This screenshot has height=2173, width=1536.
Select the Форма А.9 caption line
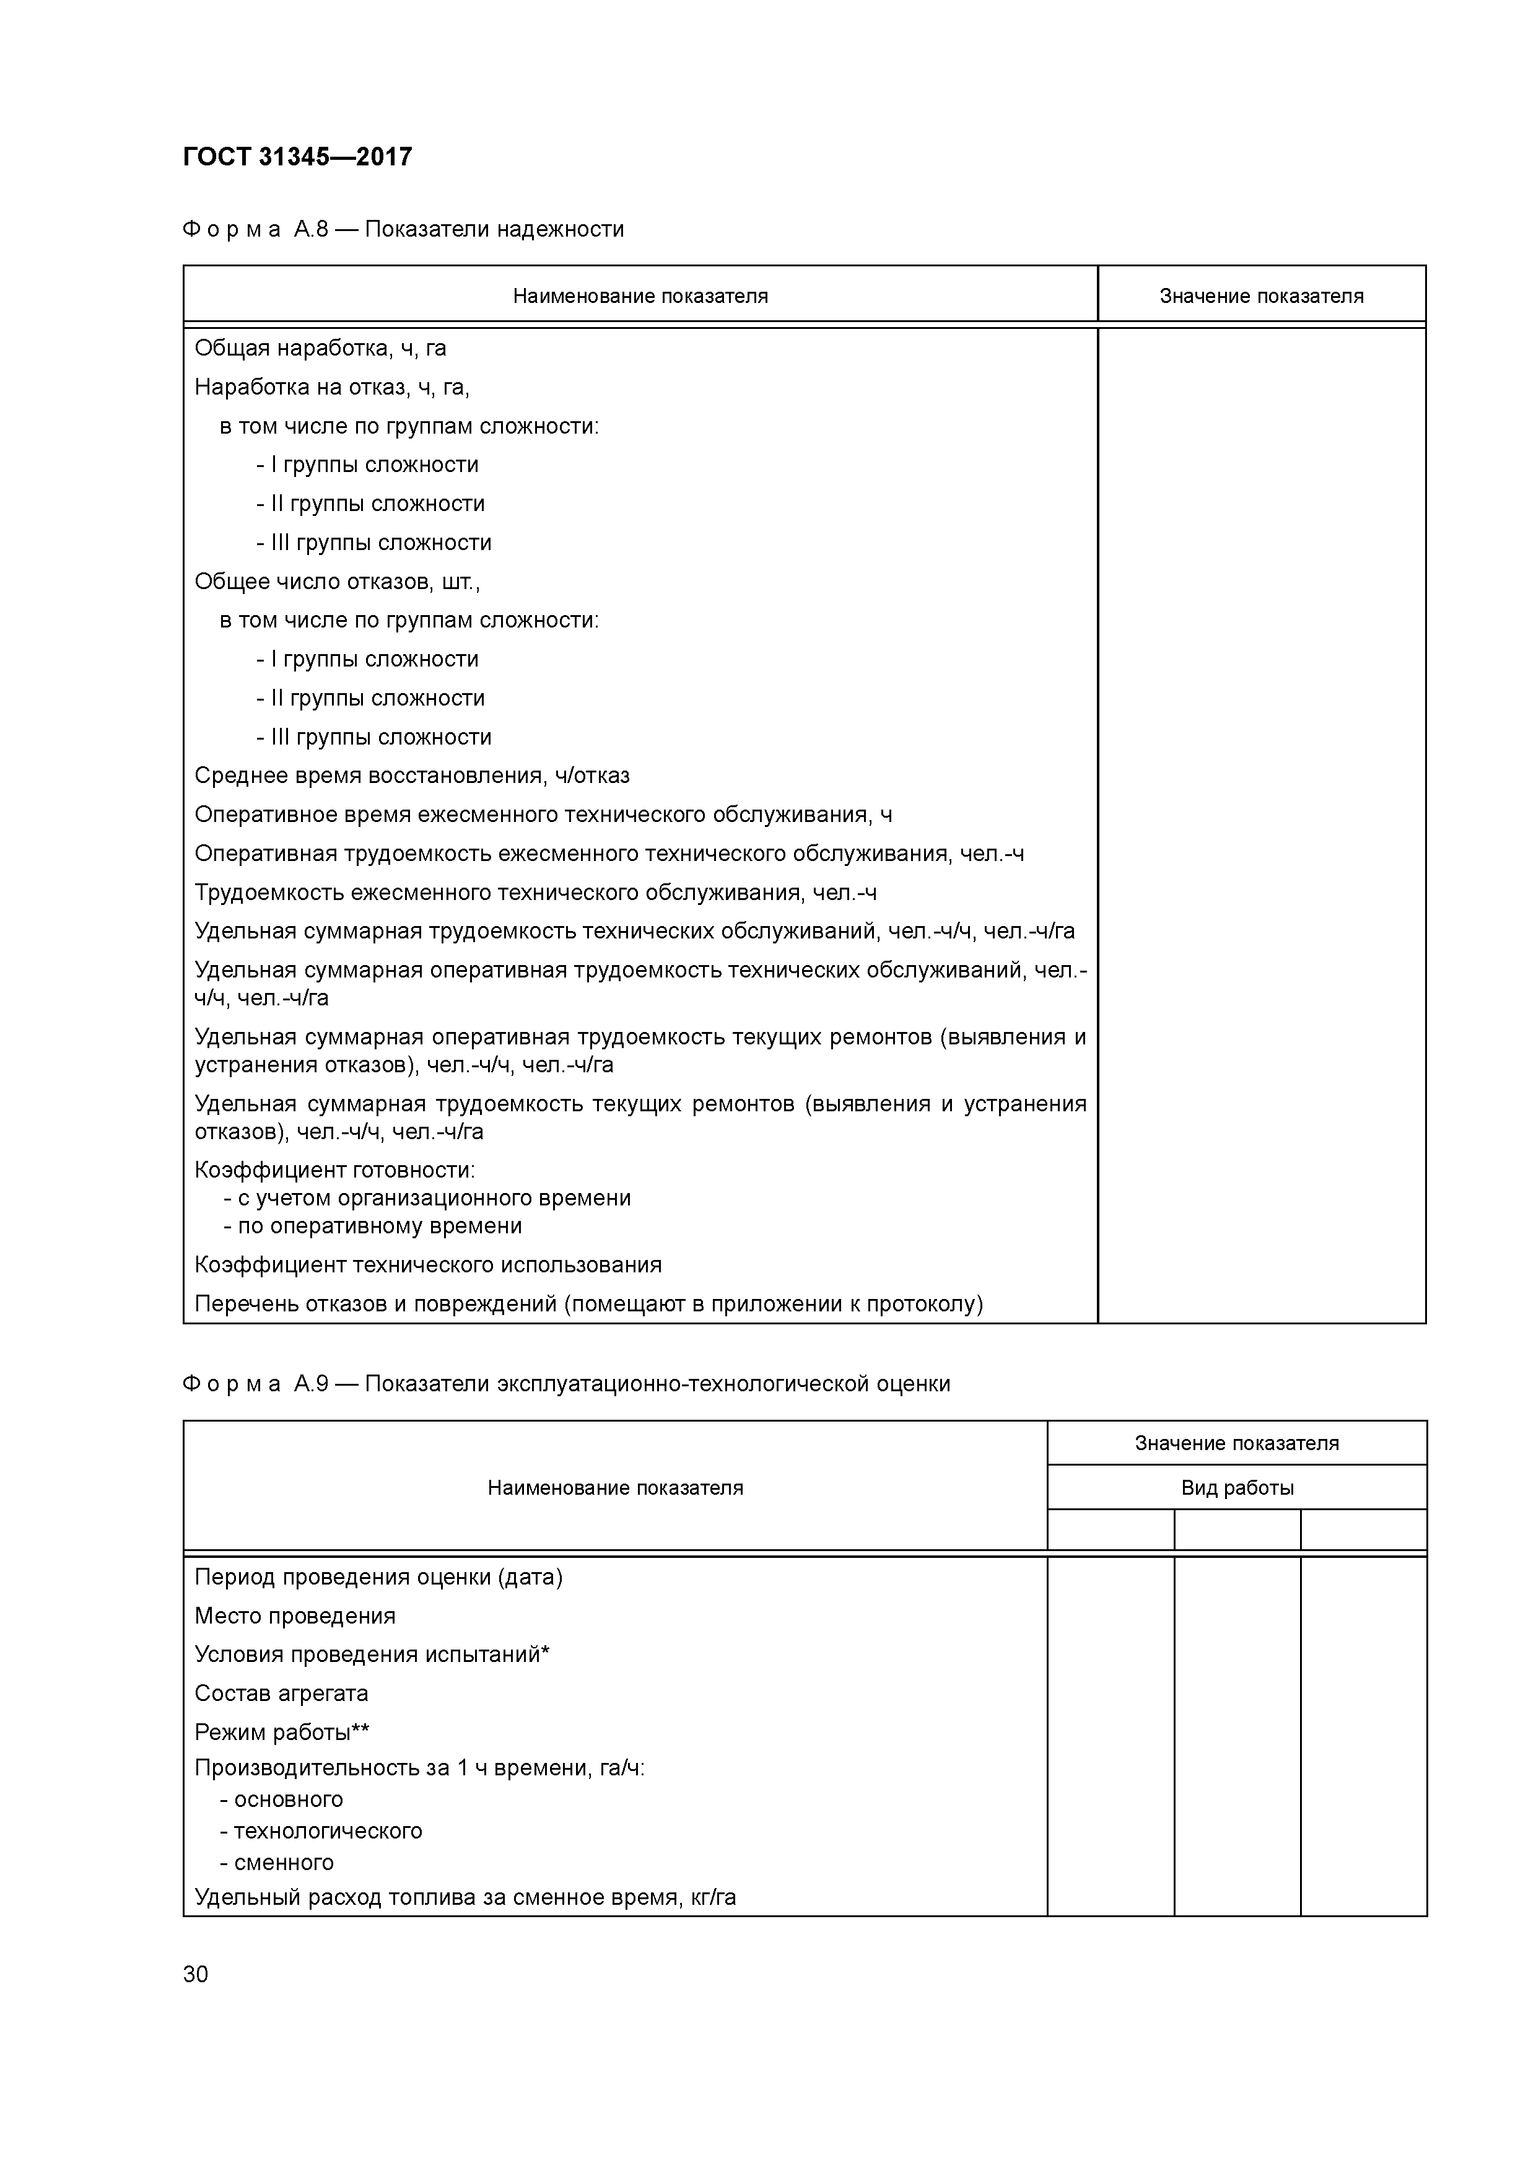pos(566,1384)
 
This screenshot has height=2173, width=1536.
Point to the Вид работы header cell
pos(1236,1488)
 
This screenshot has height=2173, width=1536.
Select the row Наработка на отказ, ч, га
pos(331,387)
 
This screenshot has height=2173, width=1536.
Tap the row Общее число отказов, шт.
pos(337,581)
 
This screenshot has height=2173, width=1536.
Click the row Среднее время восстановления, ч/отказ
pos(412,776)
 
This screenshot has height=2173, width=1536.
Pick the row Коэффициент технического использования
pos(428,1264)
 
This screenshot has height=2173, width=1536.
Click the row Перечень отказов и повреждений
pos(588,1304)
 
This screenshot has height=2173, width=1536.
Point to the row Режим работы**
pos(281,1732)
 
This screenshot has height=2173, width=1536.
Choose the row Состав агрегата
pos(281,1693)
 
